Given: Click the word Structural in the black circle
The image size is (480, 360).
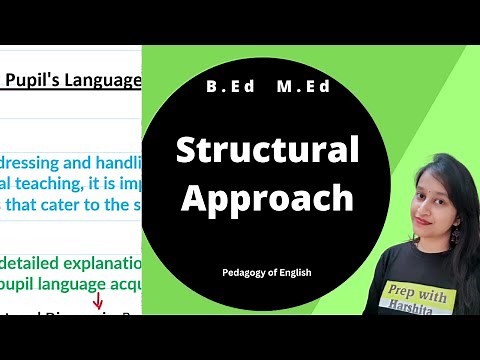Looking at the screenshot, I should coord(267,150).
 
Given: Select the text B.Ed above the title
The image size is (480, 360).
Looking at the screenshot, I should coord(229,87).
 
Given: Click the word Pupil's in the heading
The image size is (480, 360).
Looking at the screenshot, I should coord(33,78).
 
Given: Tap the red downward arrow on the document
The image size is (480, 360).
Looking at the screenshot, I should coord(98,301).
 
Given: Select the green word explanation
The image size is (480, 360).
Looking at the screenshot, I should coord(100,264).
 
